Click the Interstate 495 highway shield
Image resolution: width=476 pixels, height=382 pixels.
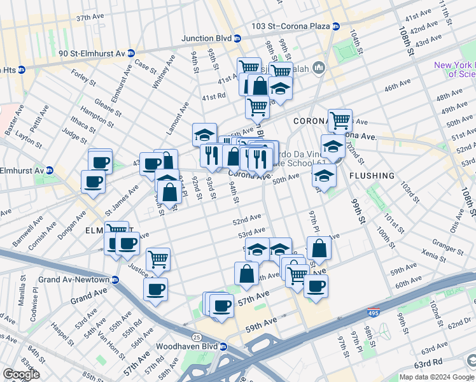[375, 313]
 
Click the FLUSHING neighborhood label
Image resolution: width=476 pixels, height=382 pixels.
[372, 175]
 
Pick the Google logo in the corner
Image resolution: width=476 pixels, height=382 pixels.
[22, 374]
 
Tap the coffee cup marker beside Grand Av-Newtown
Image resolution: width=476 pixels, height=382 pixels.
[155, 290]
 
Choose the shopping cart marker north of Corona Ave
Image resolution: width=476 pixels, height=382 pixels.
[340, 119]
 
